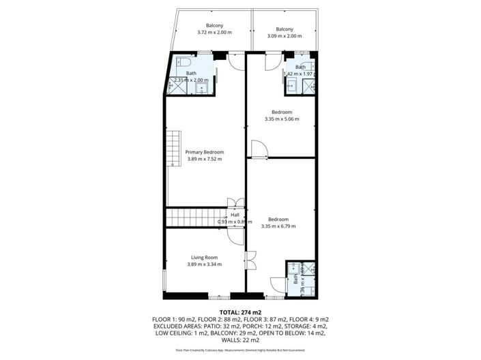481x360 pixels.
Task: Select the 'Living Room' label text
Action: click(x=205, y=257)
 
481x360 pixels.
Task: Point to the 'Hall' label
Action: click(x=235, y=215)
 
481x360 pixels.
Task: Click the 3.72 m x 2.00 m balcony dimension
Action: click(x=214, y=32)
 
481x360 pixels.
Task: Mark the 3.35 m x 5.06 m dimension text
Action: click(x=282, y=119)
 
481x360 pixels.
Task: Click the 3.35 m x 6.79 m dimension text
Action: click(x=278, y=226)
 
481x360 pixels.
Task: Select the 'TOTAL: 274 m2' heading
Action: click(x=240, y=312)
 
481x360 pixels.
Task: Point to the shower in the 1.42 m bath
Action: click(x=308, y=85)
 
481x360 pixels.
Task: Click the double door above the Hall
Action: click(x=235, y=202)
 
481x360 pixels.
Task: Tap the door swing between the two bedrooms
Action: click(x=259, y=149)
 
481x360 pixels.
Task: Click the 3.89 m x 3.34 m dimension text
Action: click(x=205, y=264)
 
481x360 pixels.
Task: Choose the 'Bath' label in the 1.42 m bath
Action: click(x=300, y=67)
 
